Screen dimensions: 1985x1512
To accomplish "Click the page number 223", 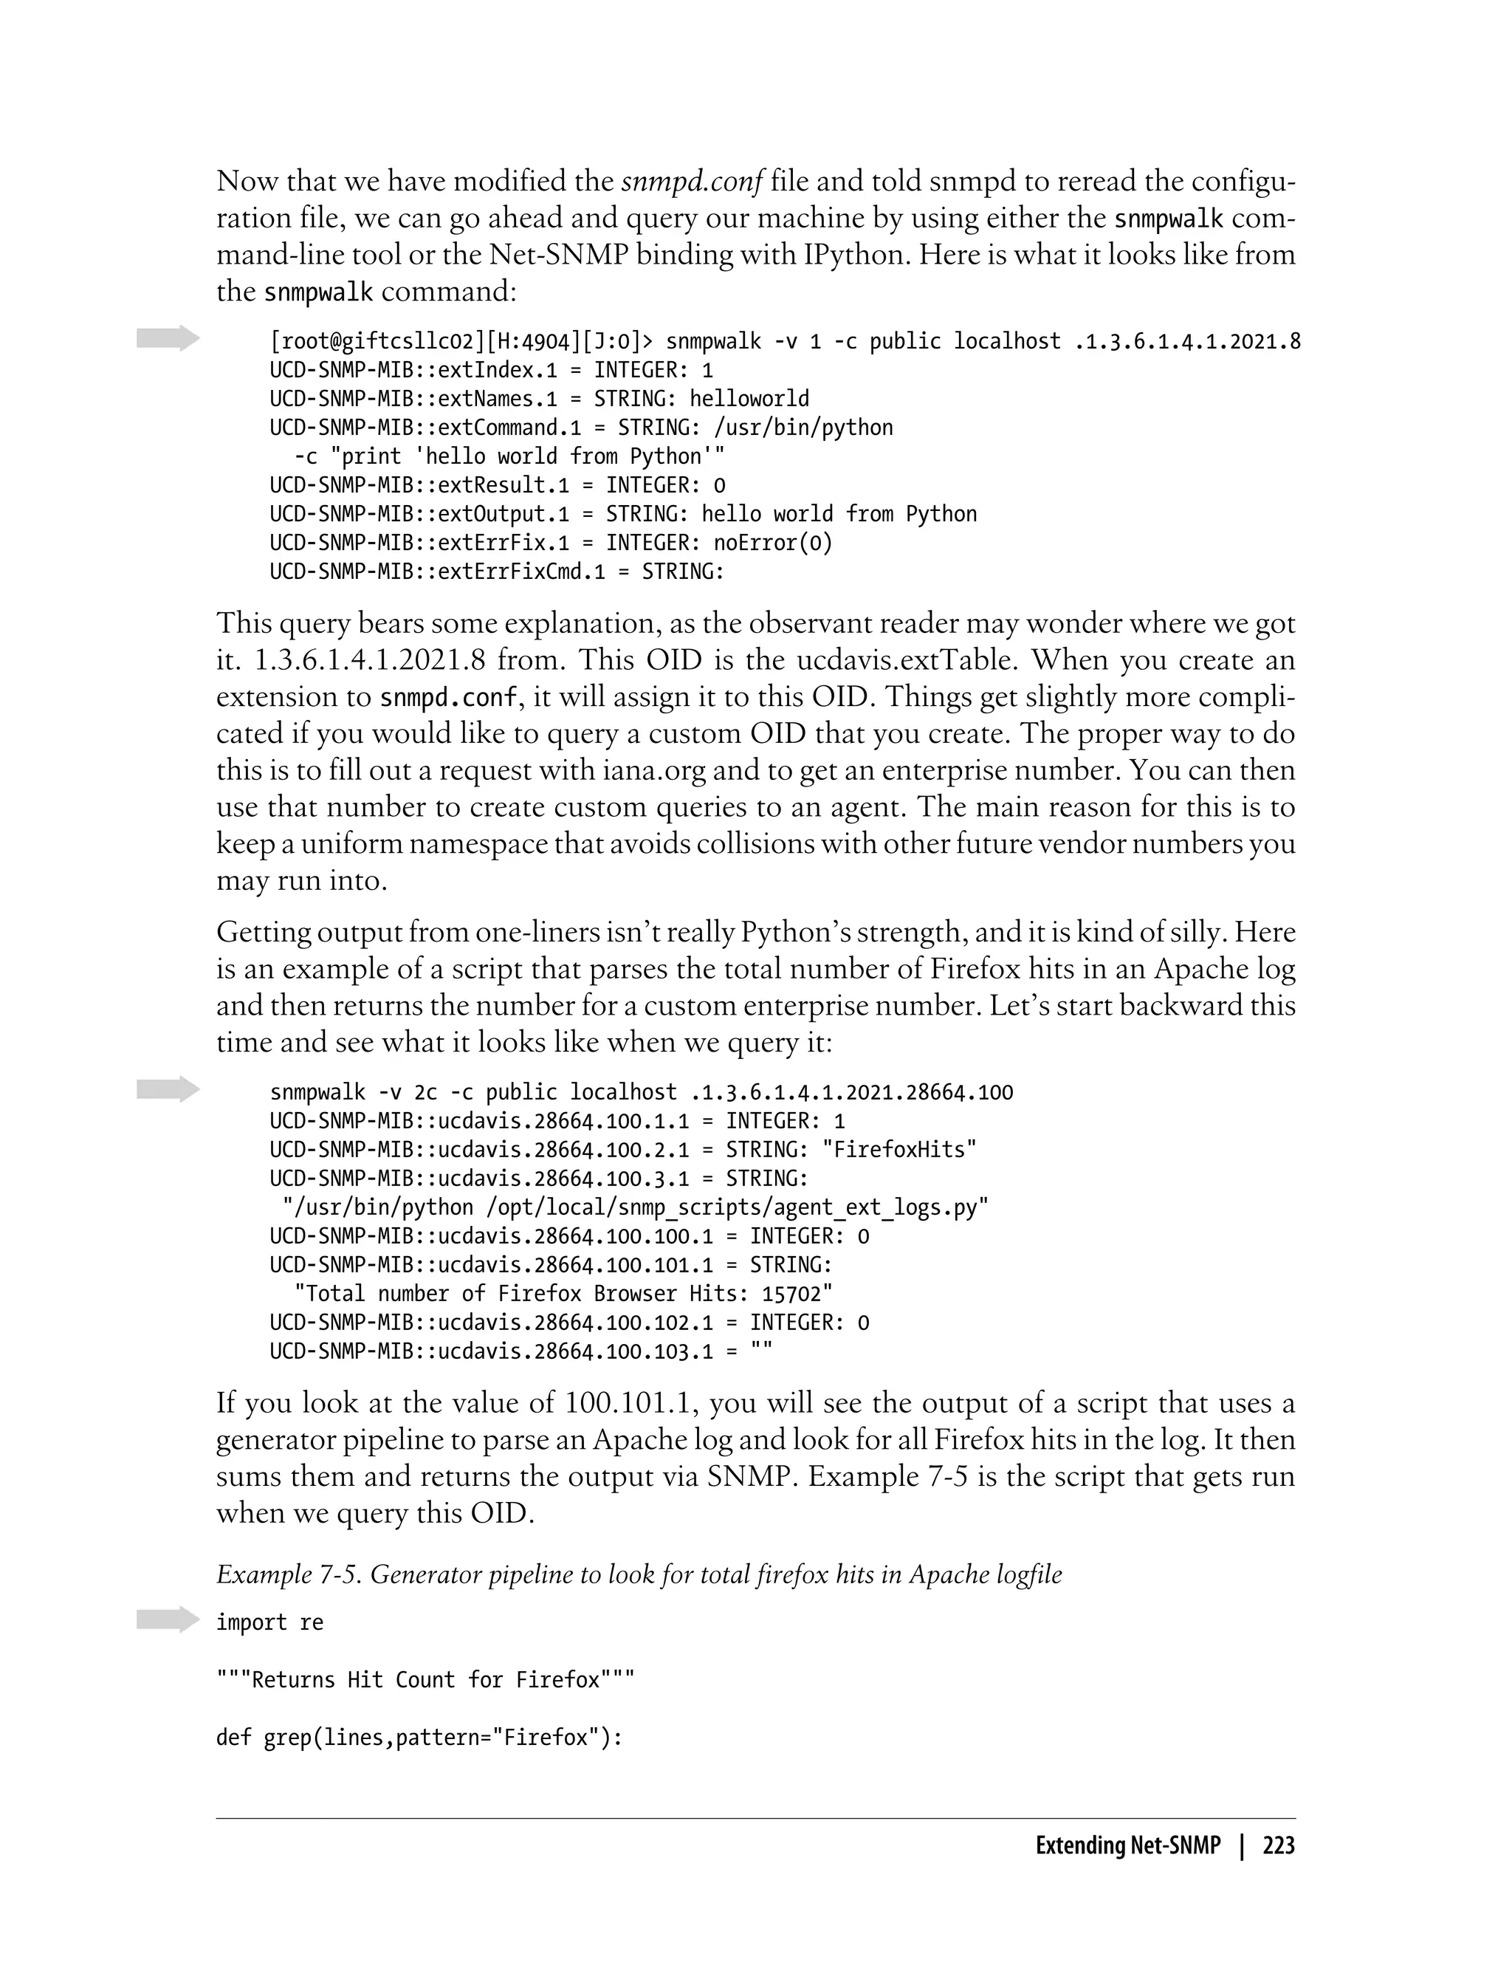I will tap(1278, 1846).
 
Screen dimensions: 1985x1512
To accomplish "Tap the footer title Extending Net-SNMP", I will tap(1127, 1846).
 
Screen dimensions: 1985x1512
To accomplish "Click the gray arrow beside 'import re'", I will tap(168, 1620).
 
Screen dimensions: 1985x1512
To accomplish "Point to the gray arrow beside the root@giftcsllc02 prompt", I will tap(168, 338).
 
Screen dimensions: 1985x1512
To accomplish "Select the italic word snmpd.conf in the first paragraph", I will tap(692, 182).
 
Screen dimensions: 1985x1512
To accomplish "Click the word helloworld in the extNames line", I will tap(749, 399).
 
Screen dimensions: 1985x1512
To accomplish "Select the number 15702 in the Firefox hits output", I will tap(791, 1294).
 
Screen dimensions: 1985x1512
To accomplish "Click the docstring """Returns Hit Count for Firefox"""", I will tap(425, 1680).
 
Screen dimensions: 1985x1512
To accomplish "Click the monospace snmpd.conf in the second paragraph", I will tap(448, 699).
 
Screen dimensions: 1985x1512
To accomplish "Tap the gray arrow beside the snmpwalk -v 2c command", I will tap(168, 1089).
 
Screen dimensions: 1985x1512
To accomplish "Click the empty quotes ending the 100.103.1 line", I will tap(760, 1351).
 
